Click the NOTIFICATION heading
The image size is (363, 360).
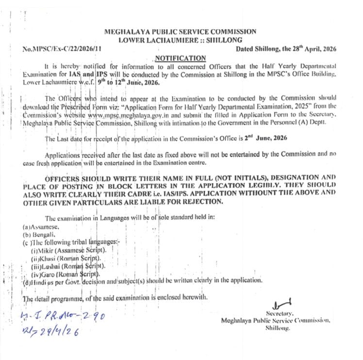pyautogui.click(x=180, y=58)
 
